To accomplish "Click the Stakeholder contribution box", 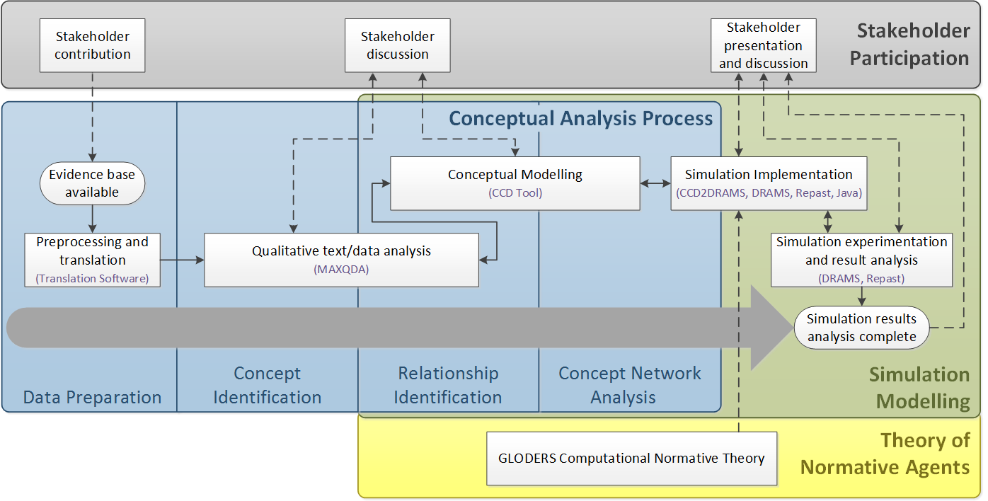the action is click(x=92, y=45).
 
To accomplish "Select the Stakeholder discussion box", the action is click(x=398, y=45).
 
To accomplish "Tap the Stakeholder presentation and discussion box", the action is click(x=764, y=45).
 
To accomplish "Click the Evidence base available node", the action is click(x=92, y=183).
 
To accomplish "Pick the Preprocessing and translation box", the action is click(x=92, y=260).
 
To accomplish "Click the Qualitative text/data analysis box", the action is click(x=341, y=260).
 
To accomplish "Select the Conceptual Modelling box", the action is click(x=515, y=183).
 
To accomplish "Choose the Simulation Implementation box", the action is click(x=769, y=183).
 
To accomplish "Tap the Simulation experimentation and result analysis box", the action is click(x=861, y=260).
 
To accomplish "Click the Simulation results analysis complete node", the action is click(x=861, y=328).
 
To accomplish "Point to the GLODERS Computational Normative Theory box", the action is click(x=631, y=459).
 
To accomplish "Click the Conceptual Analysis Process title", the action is click(x=580, y=119).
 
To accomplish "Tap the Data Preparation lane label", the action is click(x=92, y=398).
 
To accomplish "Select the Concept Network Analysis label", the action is click(x=629, y=385).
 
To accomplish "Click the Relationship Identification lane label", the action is click(x=448, y=385).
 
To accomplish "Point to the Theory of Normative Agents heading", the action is click(x=885, y=454).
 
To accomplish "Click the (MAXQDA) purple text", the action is click(x=341, y=270).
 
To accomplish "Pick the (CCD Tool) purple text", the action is click(x=515, y=193).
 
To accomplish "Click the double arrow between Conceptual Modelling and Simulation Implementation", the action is click(x=655, y=183).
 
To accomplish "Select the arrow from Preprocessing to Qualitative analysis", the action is click(x=182, y=260).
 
